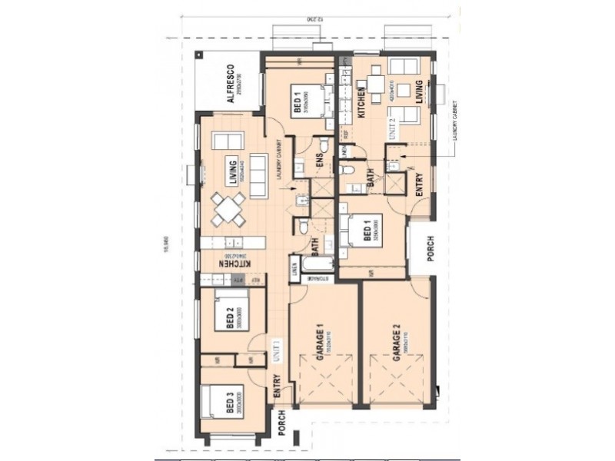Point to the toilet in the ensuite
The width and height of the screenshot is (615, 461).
324,145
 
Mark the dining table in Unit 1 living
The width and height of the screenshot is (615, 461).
228,209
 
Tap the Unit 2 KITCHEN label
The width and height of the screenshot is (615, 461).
360,101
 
